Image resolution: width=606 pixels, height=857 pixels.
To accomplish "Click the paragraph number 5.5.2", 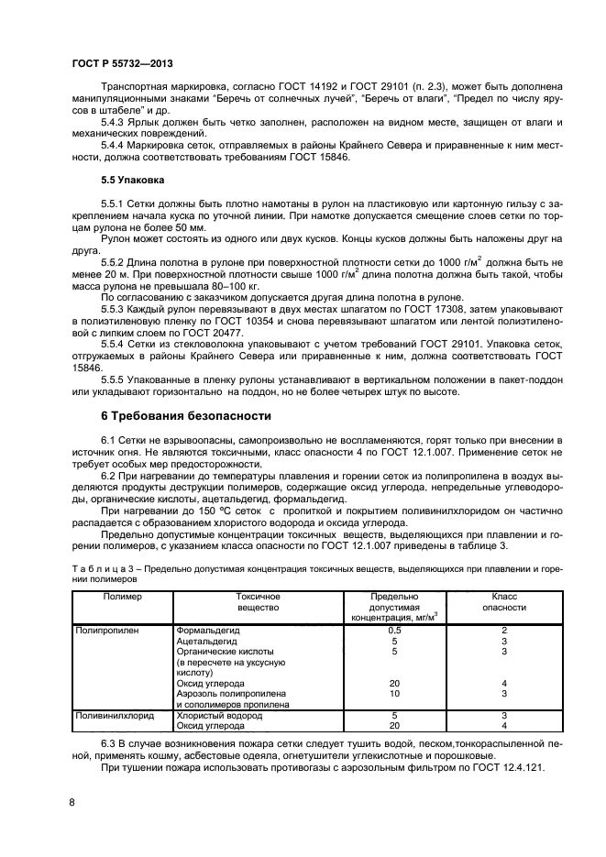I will pyautogui.click(x=115, y=262).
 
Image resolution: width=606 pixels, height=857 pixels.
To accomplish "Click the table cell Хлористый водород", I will pyautogui.click(x=214, y=715).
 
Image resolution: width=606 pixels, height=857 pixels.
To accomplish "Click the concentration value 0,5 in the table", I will pyautogui.click(x=394, y=631).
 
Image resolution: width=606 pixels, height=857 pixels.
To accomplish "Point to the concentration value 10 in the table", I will pyautogui.click(x=394, y=695).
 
